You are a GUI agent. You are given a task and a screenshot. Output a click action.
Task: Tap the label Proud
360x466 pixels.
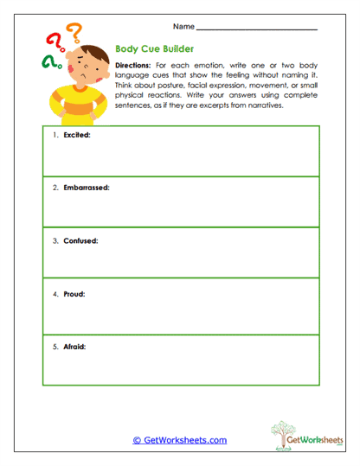(73, 293)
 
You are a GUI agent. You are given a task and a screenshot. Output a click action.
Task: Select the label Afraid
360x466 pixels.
(74, 346)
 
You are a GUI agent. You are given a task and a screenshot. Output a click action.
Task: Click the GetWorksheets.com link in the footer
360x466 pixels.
(180, 440)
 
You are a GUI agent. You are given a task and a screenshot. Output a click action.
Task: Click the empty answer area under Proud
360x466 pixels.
(180, 316)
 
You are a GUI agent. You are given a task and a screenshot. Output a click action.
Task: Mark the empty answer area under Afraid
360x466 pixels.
(180, 367)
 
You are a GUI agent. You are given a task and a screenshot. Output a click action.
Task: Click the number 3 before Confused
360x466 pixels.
(55, 240)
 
